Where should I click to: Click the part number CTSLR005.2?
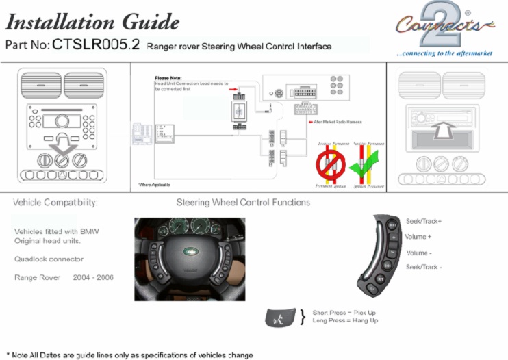click(96, 46)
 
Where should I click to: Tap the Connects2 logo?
click(443, 26)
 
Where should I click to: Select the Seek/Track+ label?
click(424, 222)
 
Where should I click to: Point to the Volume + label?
click(418, 237)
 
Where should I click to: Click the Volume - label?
click(419, 253)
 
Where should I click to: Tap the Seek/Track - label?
click(424, 267)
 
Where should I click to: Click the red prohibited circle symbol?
click(331, 164)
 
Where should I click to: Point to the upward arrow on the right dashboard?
click(444, 129)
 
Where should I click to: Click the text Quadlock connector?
click(49, 259)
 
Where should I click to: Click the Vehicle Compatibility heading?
click(55, 203)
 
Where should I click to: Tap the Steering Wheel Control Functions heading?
click(243, 203)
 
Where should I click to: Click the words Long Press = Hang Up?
click(345, 320)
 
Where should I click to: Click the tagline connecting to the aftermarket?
click(444, 53)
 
